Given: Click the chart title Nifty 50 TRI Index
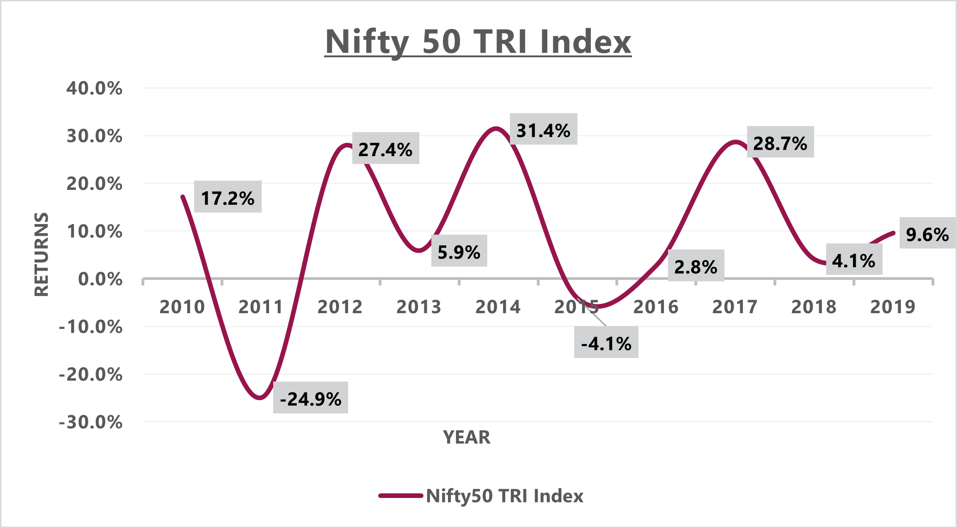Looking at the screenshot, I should pyautogui.click(x=478, y=42).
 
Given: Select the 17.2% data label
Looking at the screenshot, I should pyautogui.click(x=227, y=197).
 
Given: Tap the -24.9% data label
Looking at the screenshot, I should pyautogui.click(x=310, y=398).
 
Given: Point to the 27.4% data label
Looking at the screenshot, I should pyautogui.click(x=385, y=149).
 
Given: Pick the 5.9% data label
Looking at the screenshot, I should pyautogui.click(x=459, y=251).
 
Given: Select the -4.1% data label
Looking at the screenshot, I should pyautogui.click(x=606, y=343).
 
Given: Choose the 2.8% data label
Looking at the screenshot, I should pyautogui.click(x=696, y=266).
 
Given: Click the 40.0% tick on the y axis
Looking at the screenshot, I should pyautogui.click(x=94, y=88).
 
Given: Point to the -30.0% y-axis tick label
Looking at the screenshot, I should pyautogui.click(x=91, y=422).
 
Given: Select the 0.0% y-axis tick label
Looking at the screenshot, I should pyautogui.click(x=100, y=279).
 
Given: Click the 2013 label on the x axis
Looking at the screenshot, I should pyautogui.click(x=419, y=307).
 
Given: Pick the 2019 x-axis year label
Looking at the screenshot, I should pyautogui.click(x=893, y=307).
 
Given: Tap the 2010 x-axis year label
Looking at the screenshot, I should pyautogui.click(x=182, y=307).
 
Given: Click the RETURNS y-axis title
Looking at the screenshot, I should pyautogui.click(x=42, y=254).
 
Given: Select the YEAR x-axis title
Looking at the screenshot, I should pyautogui.click(x=466, y=437).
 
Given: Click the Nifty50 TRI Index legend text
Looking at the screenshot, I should pyautogui.click(x=504, y=496).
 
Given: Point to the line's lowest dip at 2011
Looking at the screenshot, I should pyautogui.click(x=260, y=397).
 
